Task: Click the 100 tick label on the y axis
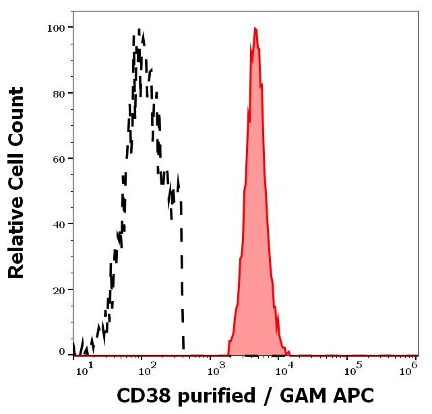[57, 28]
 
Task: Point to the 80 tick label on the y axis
[59, 94]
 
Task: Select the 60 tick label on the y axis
[59, 159]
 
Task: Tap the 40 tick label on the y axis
[59, 224]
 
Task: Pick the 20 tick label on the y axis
[59, 289]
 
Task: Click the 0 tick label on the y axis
[62, 351]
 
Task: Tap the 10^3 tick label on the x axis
[215, 368]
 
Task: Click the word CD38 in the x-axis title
[142, 395]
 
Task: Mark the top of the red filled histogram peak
[255, 28]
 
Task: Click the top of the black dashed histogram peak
[139, 30]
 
